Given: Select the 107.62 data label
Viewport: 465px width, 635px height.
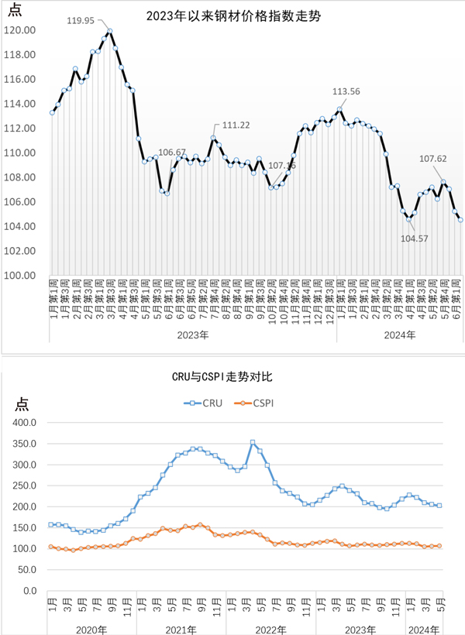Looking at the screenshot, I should click(x=434, y=159).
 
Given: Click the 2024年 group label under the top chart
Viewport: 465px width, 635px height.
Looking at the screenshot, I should click(x=400, y=335).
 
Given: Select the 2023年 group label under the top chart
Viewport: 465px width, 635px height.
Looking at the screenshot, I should click(x=193, y=335).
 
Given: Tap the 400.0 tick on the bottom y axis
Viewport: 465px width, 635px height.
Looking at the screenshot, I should click(x=26, y=423).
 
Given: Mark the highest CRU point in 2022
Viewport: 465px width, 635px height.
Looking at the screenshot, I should click(x=253, y=442).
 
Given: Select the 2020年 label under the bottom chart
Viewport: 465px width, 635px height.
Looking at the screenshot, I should click(x=93, y=628).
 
